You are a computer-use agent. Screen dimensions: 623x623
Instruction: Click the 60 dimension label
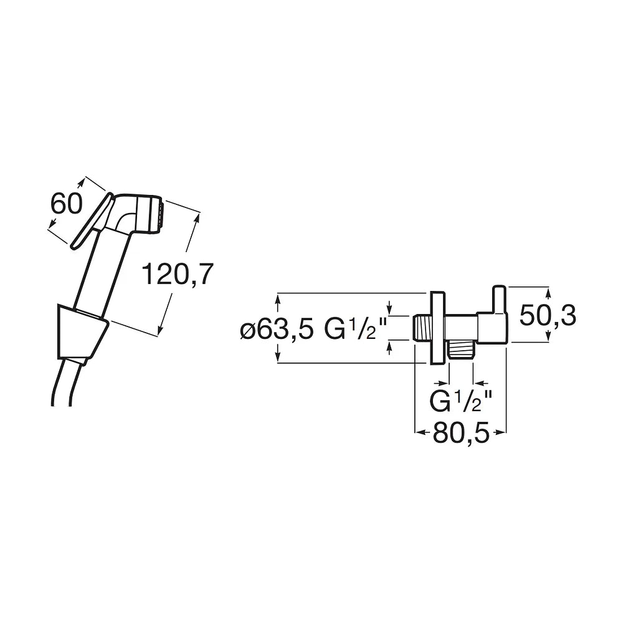(x=67, y=204)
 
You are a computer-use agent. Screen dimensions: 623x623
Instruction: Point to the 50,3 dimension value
(x=548, y=315)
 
